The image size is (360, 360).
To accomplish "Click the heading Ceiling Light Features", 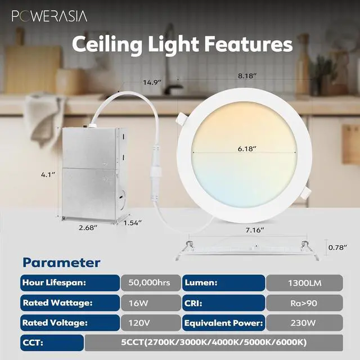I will click(182, 44).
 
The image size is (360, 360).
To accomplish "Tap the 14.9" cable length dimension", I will click(152, 83).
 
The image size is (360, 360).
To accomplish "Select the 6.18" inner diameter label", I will click(246, 149).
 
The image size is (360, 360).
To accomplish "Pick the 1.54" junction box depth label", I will click(133, 223).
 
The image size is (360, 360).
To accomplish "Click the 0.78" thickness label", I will click(337, 247).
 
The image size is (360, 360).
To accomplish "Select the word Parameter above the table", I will click(62, 263).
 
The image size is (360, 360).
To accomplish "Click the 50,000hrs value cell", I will click(149, 282).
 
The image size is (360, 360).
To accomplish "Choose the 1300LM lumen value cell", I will click(304, 282).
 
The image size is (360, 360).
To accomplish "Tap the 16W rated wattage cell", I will click(149, 303).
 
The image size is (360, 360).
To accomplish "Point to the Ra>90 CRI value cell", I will click(304, 303).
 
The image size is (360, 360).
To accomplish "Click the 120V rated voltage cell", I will click(149, 323).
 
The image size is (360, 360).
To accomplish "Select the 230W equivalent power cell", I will click(304, 323).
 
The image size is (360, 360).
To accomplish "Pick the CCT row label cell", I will click(51, 342).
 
